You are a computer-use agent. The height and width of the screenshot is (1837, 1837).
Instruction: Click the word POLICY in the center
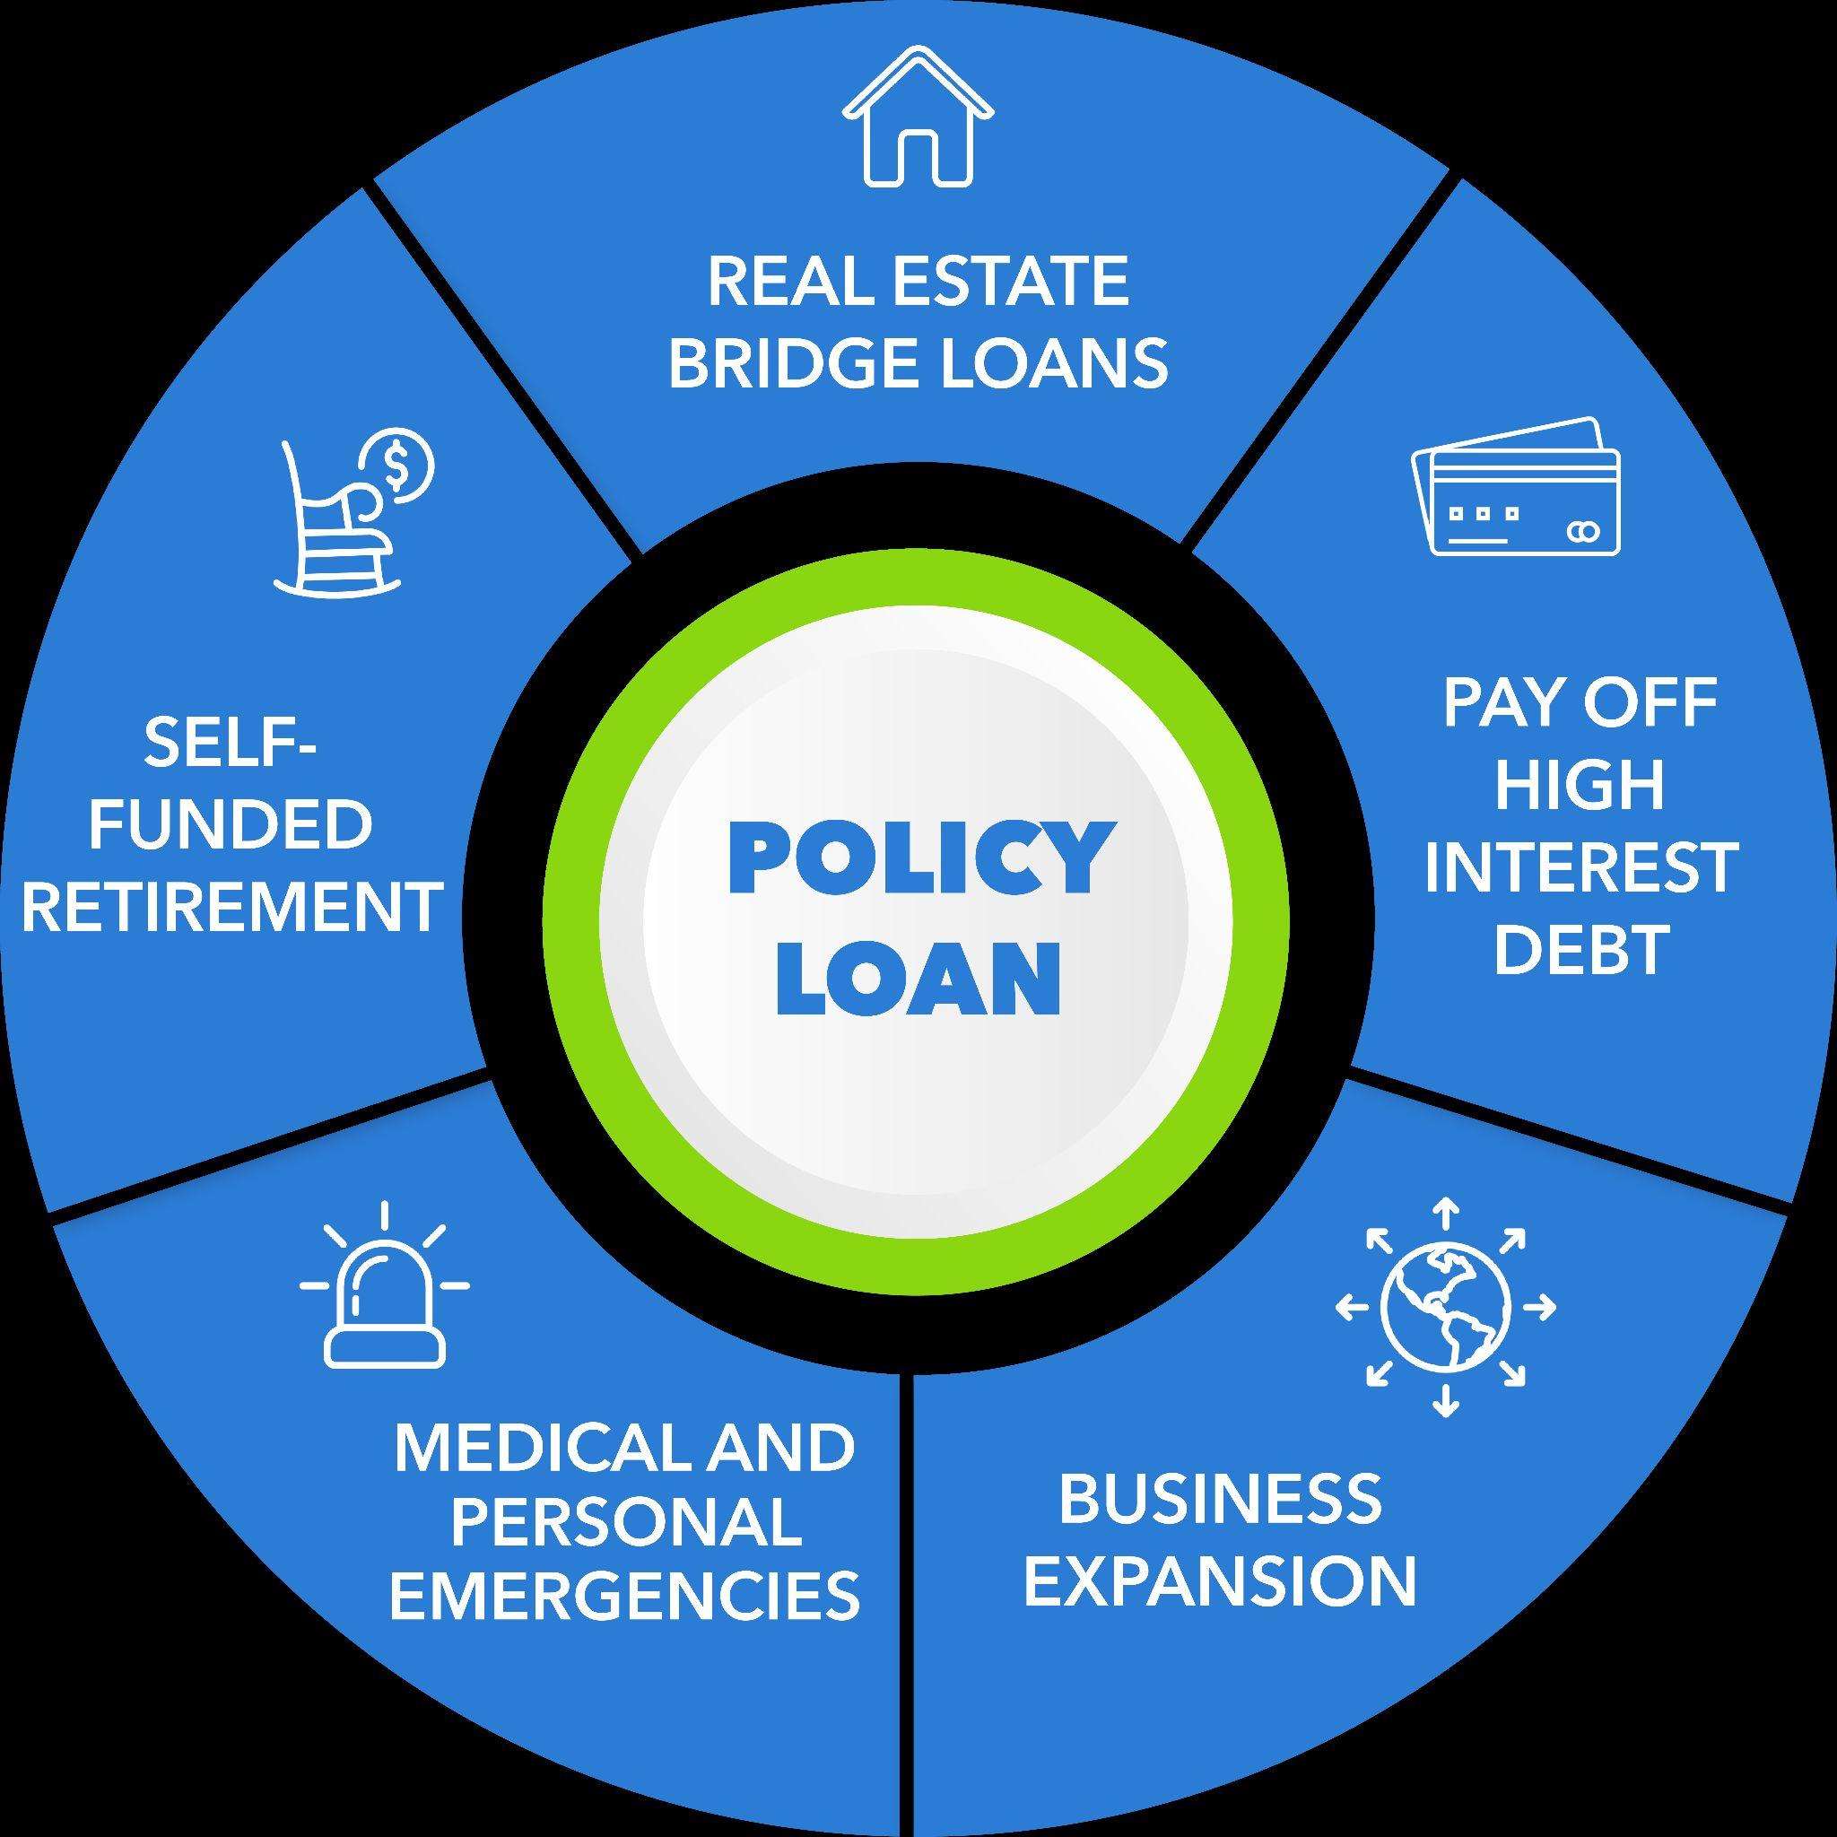[918, 858]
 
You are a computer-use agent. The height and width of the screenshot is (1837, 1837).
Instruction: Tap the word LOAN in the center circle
[918, 979]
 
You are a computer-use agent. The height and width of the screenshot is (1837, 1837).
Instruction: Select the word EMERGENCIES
[624, 1595]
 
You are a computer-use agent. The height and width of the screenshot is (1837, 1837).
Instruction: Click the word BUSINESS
[1220, 1499]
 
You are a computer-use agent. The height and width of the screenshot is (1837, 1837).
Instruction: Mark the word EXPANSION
[1220, 1580]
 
